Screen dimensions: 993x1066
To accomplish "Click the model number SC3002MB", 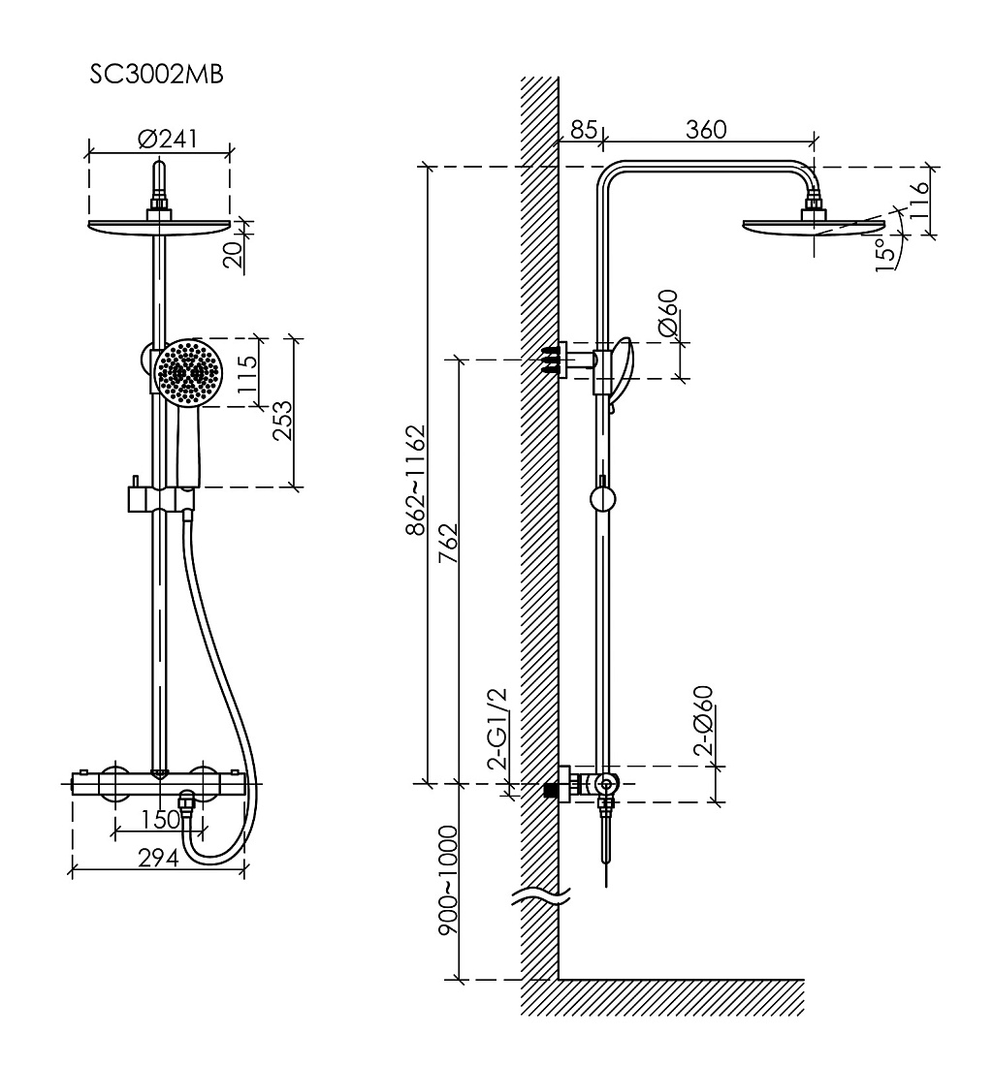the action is click(156, 74).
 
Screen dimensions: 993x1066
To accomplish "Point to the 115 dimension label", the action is click(247, 374).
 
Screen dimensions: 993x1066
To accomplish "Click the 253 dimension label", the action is click(281, 421).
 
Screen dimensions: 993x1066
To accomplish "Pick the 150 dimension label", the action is click(161, 819).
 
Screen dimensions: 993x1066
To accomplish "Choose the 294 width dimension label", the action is click(158, 858).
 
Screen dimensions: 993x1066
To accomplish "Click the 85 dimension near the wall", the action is click(584, 129).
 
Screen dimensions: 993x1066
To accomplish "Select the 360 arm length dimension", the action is click(706, 129).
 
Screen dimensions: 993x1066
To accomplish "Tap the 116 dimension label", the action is click(919, 200).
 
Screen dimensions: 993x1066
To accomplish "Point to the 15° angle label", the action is click(884, 254).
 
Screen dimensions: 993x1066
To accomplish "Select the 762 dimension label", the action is click(448, 544).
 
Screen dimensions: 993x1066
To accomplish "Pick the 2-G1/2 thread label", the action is click(497, 728).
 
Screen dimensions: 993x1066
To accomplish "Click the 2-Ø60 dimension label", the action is click(703, 721).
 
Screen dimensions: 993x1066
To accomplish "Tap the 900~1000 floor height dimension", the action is click(448, 880).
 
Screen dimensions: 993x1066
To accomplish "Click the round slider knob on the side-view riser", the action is click(602, 499).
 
